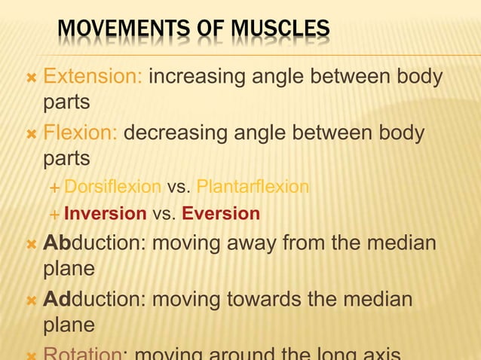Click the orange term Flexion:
click(80, 133)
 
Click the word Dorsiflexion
click(112, 186)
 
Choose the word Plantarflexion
click(252, 186)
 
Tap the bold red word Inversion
click(105, 214)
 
